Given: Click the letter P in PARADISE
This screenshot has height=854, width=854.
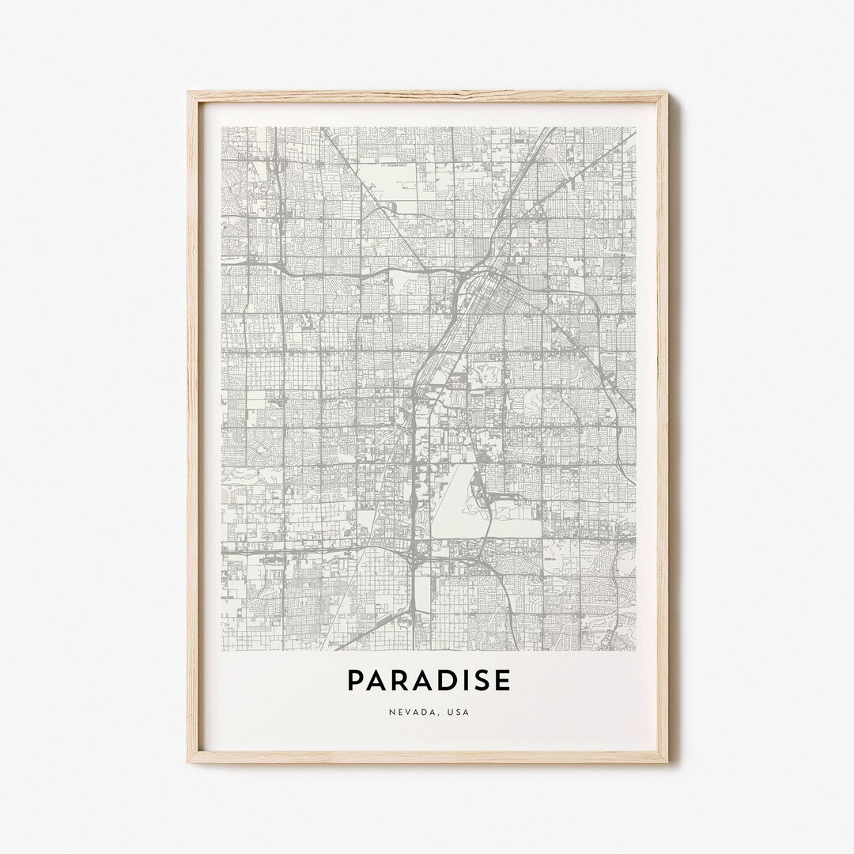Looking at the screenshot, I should coord(355,681).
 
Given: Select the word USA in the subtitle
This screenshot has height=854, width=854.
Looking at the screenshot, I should coord(458,712).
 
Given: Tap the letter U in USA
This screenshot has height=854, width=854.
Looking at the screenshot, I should coord(449,712).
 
